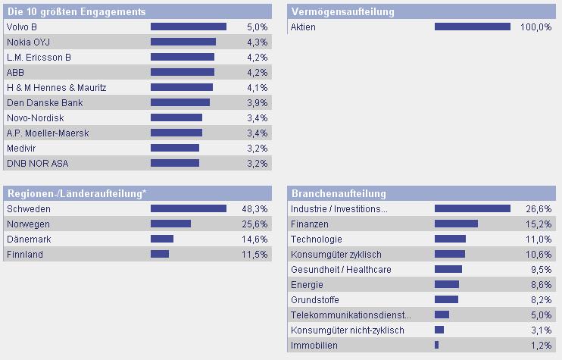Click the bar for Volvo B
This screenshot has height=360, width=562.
coord(189,27)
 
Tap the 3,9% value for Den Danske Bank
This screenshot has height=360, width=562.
coord(258,102)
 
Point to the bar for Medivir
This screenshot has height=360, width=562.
coord(175,148)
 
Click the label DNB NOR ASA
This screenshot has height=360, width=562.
coord(31,163)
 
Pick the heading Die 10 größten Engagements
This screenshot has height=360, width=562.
coord(76,11)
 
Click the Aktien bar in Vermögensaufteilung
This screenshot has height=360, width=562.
coord(473,27)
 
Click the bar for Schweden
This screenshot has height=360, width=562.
coord(189,208)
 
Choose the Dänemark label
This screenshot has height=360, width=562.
coord(29,239)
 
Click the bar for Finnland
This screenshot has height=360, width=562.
coord(160,254)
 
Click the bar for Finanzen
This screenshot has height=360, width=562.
coord(456,224)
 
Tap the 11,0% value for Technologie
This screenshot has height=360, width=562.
coord(539,239)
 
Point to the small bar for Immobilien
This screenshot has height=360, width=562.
coord(436,345)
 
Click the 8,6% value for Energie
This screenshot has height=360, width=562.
coord(541,284)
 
